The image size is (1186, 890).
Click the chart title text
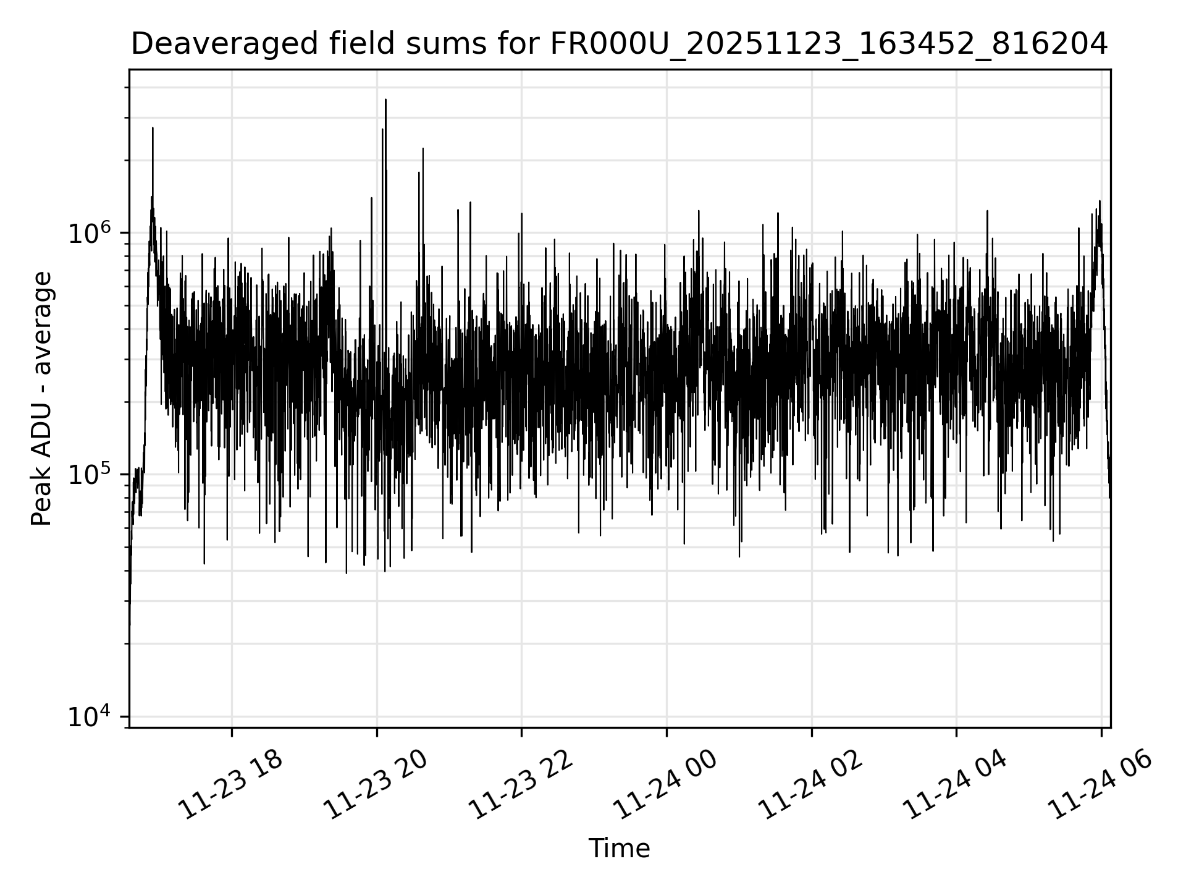coord(619,44)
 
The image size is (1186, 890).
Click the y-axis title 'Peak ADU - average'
coord(42,399)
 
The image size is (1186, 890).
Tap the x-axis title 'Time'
coord(619,849)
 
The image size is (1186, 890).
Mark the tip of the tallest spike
coord(385,100)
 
